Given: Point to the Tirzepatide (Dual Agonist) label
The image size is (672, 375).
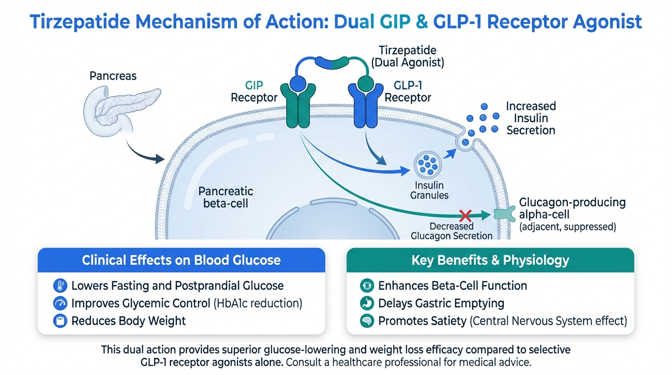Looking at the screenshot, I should [407, 56].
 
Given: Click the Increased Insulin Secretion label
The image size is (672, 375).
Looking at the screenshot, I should [530, 118].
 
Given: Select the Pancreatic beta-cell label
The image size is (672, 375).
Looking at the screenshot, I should [225, 196].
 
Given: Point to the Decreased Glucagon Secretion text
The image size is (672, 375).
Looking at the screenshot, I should [451, 231].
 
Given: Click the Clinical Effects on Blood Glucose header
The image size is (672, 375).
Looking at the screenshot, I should [181, 260].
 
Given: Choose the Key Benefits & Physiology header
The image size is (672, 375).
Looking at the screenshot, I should [490, 260].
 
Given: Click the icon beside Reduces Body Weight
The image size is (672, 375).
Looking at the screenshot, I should [60, 321].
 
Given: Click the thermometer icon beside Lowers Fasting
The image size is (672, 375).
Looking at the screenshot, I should [60, 286].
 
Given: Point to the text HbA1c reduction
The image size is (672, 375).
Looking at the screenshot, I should [258, 303].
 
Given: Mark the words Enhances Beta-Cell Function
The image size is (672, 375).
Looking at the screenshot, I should [453, 286].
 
